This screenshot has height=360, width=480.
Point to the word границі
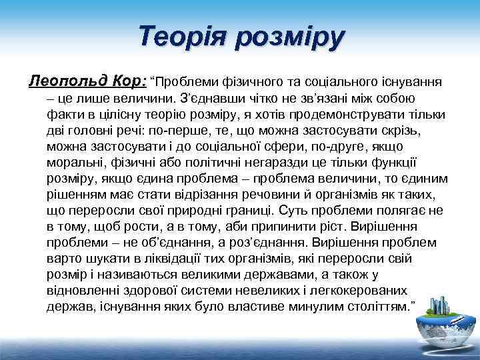251,210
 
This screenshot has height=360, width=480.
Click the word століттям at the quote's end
373,306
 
